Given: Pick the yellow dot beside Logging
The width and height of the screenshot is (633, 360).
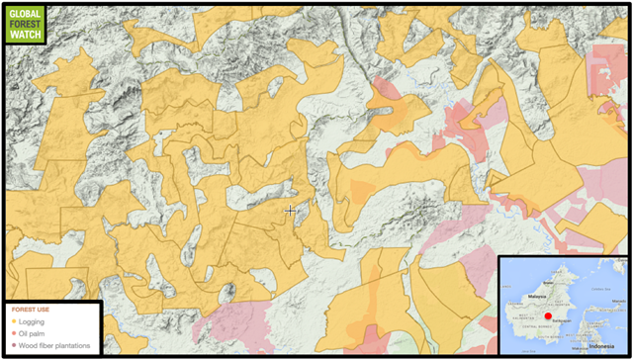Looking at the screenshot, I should tap(12, 320).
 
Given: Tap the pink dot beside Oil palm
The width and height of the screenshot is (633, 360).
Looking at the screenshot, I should tap(12, 333).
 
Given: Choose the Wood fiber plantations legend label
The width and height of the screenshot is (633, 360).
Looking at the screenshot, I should tap(54, 346).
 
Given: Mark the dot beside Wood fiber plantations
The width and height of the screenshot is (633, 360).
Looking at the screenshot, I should tap(12, 346).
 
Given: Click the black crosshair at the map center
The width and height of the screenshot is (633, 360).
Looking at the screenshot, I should tap(291, 211).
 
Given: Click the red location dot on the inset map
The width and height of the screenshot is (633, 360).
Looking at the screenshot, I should tap(549, 316).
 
